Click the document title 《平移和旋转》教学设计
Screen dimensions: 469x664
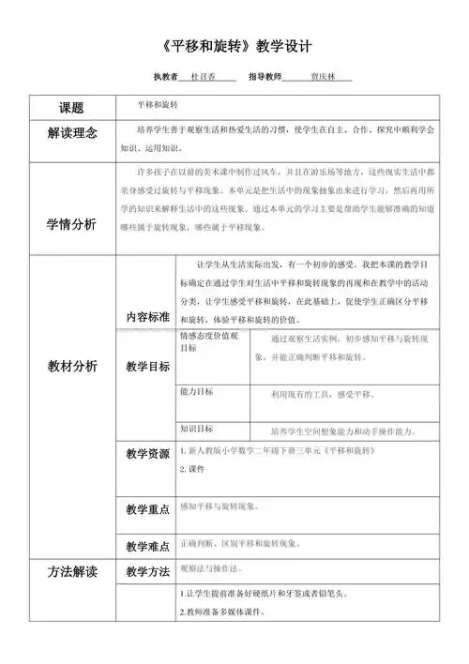[235, 45]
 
